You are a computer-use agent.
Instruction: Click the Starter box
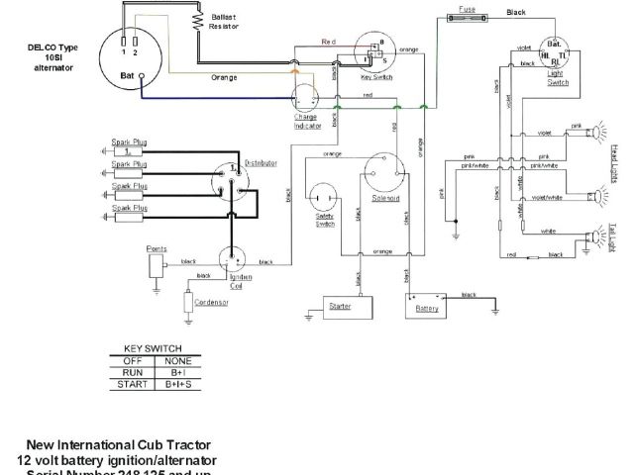(x=341, y=308)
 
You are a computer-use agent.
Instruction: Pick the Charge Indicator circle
(x=305, y=96)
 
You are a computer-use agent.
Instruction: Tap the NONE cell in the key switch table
(x=180, y=360)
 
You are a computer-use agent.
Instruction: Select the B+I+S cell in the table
(x=180, y=384)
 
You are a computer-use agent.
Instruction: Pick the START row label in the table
(x=129, y=384)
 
